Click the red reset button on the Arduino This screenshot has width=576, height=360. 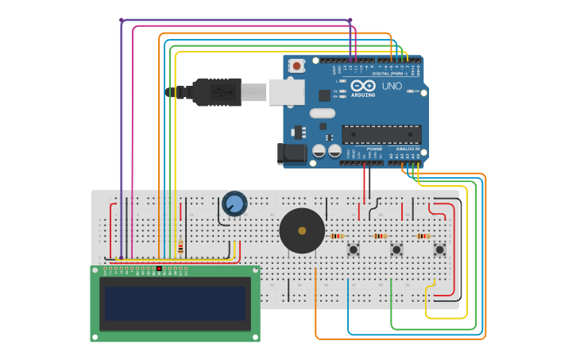296,66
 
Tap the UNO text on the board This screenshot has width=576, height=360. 392,86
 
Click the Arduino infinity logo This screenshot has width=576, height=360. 363,86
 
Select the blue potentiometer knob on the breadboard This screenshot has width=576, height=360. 234,204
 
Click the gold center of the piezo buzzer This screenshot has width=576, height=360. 302,230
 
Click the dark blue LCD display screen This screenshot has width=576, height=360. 175,304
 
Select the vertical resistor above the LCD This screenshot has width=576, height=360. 180,247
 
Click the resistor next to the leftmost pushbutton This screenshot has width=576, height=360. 337,236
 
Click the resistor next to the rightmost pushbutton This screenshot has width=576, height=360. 423,236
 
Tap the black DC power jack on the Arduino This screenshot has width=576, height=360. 291,154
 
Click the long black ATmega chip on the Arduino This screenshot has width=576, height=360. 381,134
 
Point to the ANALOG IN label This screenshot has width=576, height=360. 408,149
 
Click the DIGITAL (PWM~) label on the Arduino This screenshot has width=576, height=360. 390,73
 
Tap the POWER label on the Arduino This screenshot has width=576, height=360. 373,149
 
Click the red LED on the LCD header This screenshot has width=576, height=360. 159,269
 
